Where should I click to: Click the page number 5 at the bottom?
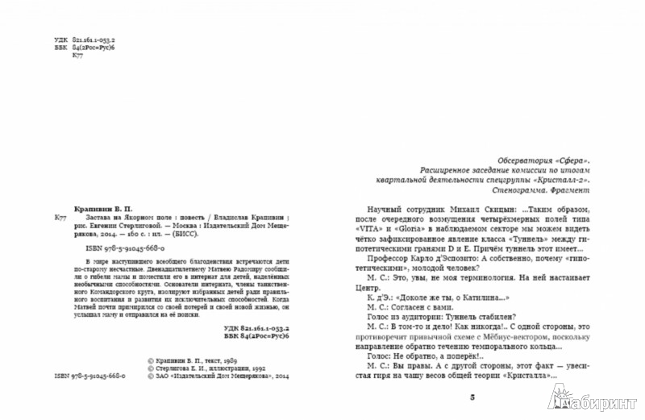coord(460,397)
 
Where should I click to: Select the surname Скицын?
coord(473,208)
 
